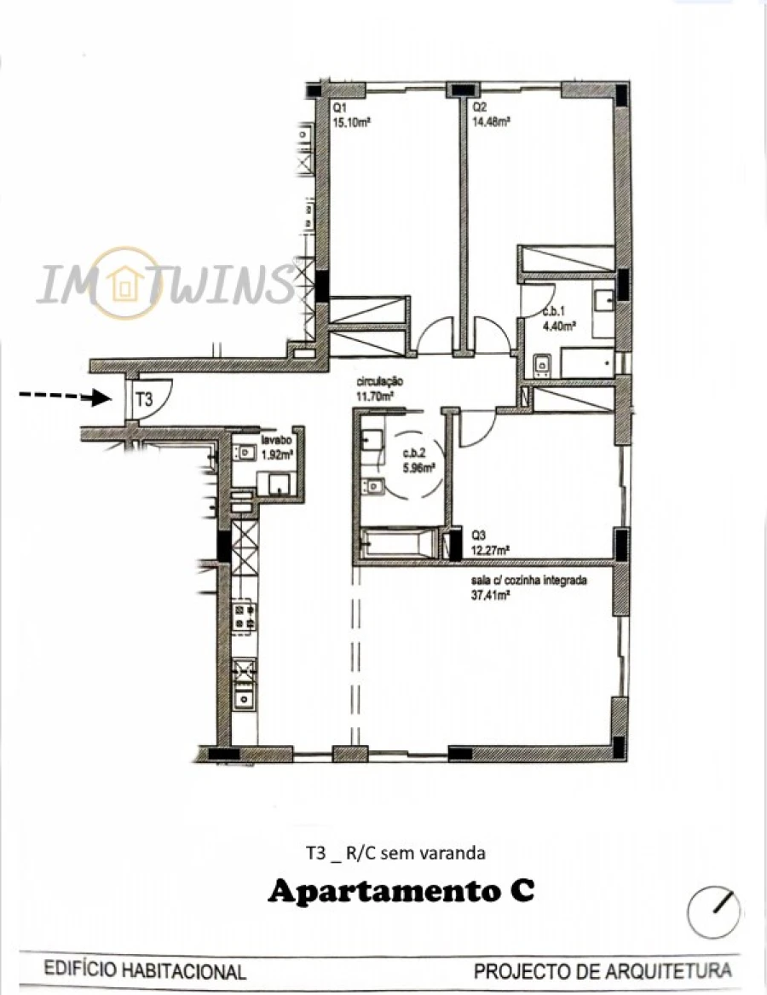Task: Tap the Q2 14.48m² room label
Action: (x=491, y=115)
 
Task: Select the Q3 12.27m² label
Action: (x=491, y=543)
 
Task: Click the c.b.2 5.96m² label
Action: (x=418, y=461)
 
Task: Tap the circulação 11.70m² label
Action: (x=375, y=390)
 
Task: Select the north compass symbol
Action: (x=714, y=911)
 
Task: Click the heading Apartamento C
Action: (x=401, y=892)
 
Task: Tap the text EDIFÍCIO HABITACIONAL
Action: (x=145, y=971)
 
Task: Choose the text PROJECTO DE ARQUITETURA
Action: (x=603, y=971)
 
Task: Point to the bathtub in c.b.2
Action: (x=399, y=542)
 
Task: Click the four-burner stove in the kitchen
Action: (x=245, y=618)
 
